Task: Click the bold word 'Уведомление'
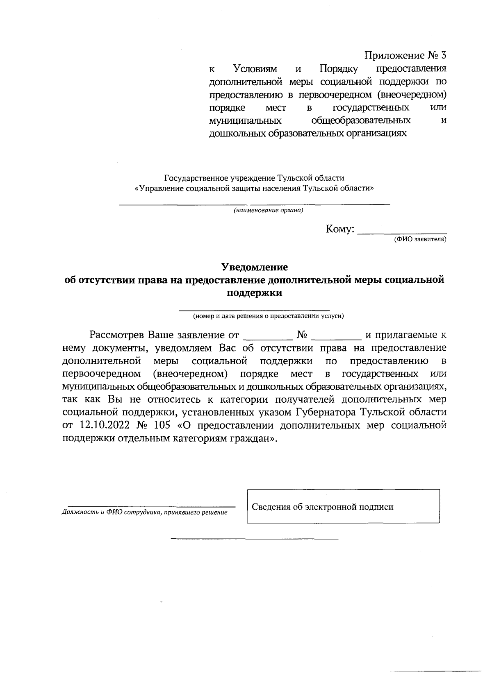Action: [x=255, y=268]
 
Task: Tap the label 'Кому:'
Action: [x=340, y=229]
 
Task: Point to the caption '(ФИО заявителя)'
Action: [x=419, y=239]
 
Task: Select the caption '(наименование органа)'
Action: [x=269, y=211]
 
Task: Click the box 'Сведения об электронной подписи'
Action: [x=343, y=506]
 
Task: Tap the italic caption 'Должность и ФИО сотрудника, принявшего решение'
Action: [x=144, y=512]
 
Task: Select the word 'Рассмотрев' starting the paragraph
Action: [x=117, y=335]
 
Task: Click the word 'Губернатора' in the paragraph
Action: [x=326, y=412]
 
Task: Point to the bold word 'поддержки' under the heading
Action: [x=255, y=293]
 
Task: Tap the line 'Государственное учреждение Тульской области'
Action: [x=254, y=178]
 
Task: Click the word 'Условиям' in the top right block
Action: [x=255, y=68]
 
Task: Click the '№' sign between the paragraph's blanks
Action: [x=302, y=335]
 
